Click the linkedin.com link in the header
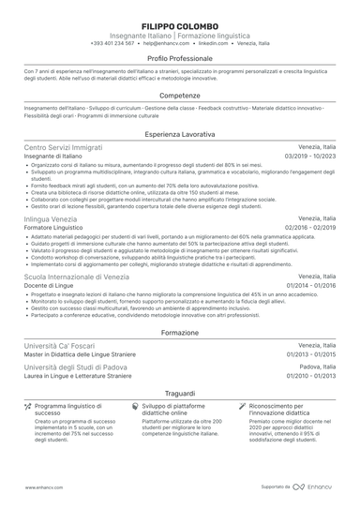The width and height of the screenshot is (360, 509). (215, 43)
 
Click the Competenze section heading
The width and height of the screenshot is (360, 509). (179, 95)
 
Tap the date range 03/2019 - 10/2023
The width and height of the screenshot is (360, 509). (308, 157)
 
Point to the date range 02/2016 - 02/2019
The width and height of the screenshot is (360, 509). (308, 228)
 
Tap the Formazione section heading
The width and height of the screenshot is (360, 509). (179, 333)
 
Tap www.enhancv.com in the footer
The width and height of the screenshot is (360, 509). (44, 487)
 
